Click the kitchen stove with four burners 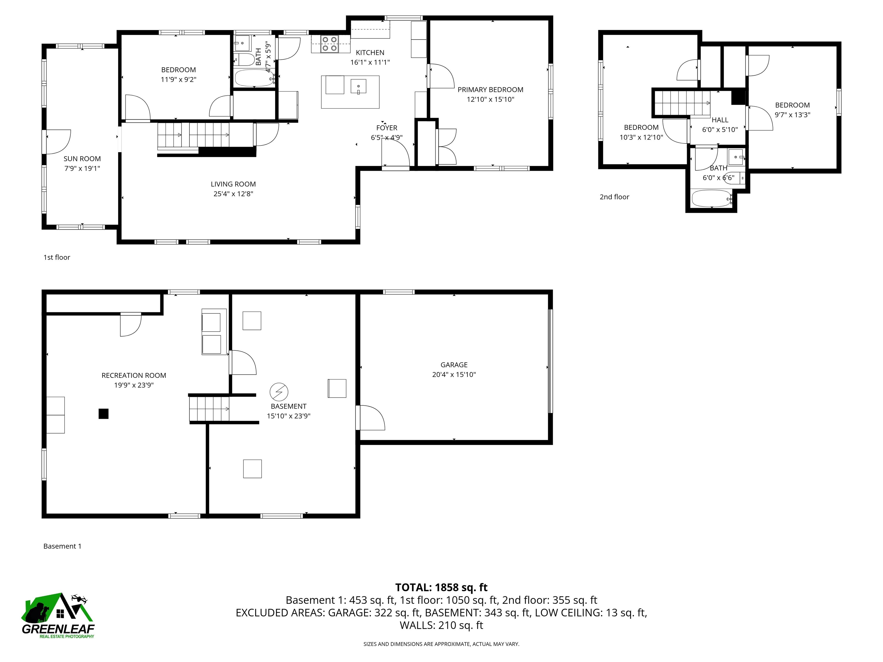[330, 44]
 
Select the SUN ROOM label [82, 159]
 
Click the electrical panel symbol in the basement [279, 392]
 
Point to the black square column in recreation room [103, 414]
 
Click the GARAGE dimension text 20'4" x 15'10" [454, 375]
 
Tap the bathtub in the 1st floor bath [254, 78]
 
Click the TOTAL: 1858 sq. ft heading [441, 587]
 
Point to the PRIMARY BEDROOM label [490, 90]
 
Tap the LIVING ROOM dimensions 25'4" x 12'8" [233, 194]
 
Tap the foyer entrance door [395, 156]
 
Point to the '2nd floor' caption [614, 197]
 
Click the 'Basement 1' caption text [62, 546]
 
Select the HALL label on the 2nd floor [720, 120]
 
